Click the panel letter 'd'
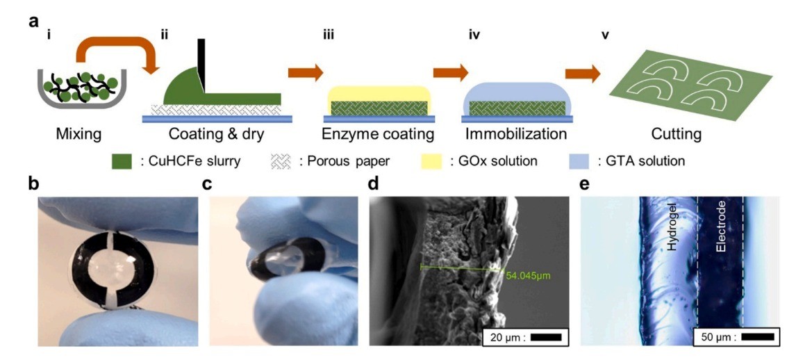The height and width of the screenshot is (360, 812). coord(374,186)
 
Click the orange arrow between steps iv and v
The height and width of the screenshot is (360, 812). coord(582,74)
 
